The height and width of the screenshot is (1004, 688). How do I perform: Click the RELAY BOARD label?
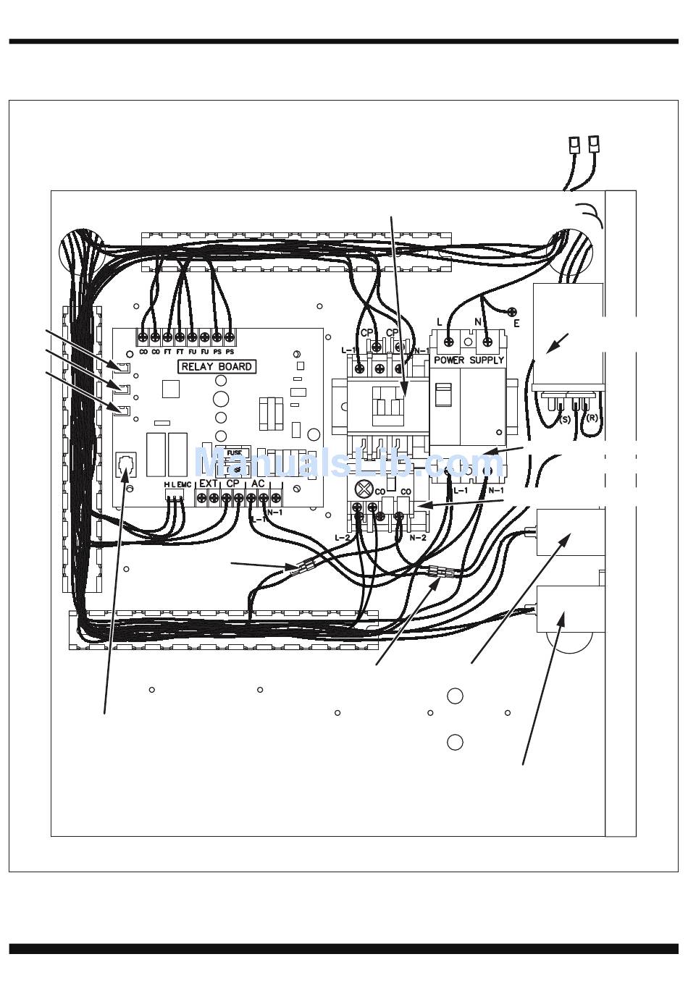pyautogui.click(x=217, y=366)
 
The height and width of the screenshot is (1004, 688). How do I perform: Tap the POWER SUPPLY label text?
pyautogui.click(x=469, y=360)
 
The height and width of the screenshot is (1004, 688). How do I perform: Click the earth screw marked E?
pyautogui.click(x=513, y=313)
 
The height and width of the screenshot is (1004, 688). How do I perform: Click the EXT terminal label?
pyautogui.click(x=209, y=484)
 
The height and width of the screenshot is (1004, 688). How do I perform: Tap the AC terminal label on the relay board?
pyautogui.click(x=257, y=484)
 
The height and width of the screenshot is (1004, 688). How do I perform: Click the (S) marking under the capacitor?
pyautogui.click(x=564, y=418)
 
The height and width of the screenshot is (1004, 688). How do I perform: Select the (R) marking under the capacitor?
pyautogui.click(x=591, y=418)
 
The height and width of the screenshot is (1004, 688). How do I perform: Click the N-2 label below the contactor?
pyautogui.click(x=418, y=538)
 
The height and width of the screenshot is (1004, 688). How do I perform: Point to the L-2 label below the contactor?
pyautogui.click(x=343, y=538)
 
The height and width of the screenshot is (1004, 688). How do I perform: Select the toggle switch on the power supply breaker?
pyautogui.click(x=441, y=395)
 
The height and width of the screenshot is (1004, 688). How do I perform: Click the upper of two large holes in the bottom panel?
pyautogui.click(x=455, y=696)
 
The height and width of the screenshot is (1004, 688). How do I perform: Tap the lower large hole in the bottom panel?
pyautogui.click(x=455, y=742)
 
